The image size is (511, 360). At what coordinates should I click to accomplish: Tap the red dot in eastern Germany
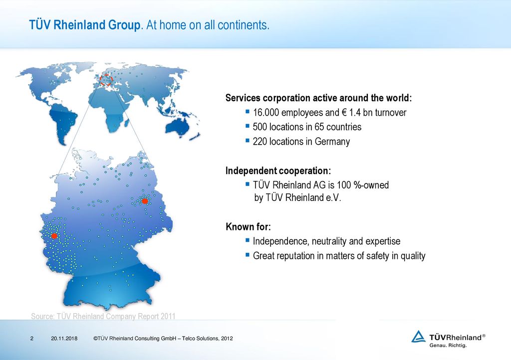pos(145,201)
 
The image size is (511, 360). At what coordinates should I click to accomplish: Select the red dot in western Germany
pos(54,236)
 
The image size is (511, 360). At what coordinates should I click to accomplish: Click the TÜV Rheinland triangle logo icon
pos(418,337)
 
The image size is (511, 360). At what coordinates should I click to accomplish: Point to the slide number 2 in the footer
pos(31,339)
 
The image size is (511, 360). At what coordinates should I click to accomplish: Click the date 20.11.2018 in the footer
pos(64,339)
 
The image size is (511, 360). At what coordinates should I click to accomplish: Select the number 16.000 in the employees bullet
pos(266,113)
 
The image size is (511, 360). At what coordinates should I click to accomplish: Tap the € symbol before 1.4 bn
pos(344,113)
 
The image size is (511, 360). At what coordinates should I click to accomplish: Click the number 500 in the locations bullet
pos(259,127)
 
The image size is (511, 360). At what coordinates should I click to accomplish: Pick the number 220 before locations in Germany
pos(259,142)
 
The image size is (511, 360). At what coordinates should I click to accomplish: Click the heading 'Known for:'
pos(249,226)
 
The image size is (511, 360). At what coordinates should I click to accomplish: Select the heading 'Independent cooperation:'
pos(278,171)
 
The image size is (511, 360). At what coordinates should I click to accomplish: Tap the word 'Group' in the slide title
pos(124,25)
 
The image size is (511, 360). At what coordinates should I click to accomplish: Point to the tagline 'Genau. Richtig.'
pos(448,346)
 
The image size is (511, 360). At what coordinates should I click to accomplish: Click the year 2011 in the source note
pos(168,316)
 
